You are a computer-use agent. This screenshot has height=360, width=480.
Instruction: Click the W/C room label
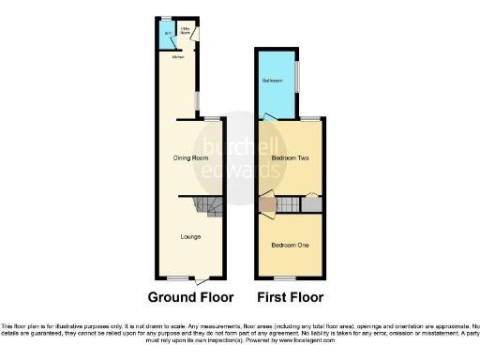click(168, 35)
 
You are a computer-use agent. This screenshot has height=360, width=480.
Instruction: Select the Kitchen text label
click(176, 56)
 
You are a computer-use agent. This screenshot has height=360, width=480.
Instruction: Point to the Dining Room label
click(191, 158)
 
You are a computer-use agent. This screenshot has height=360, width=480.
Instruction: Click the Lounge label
click(190, 236)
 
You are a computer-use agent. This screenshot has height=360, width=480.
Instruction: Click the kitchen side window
click(197, 99)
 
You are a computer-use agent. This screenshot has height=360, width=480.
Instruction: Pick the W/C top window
click(165, 19)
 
